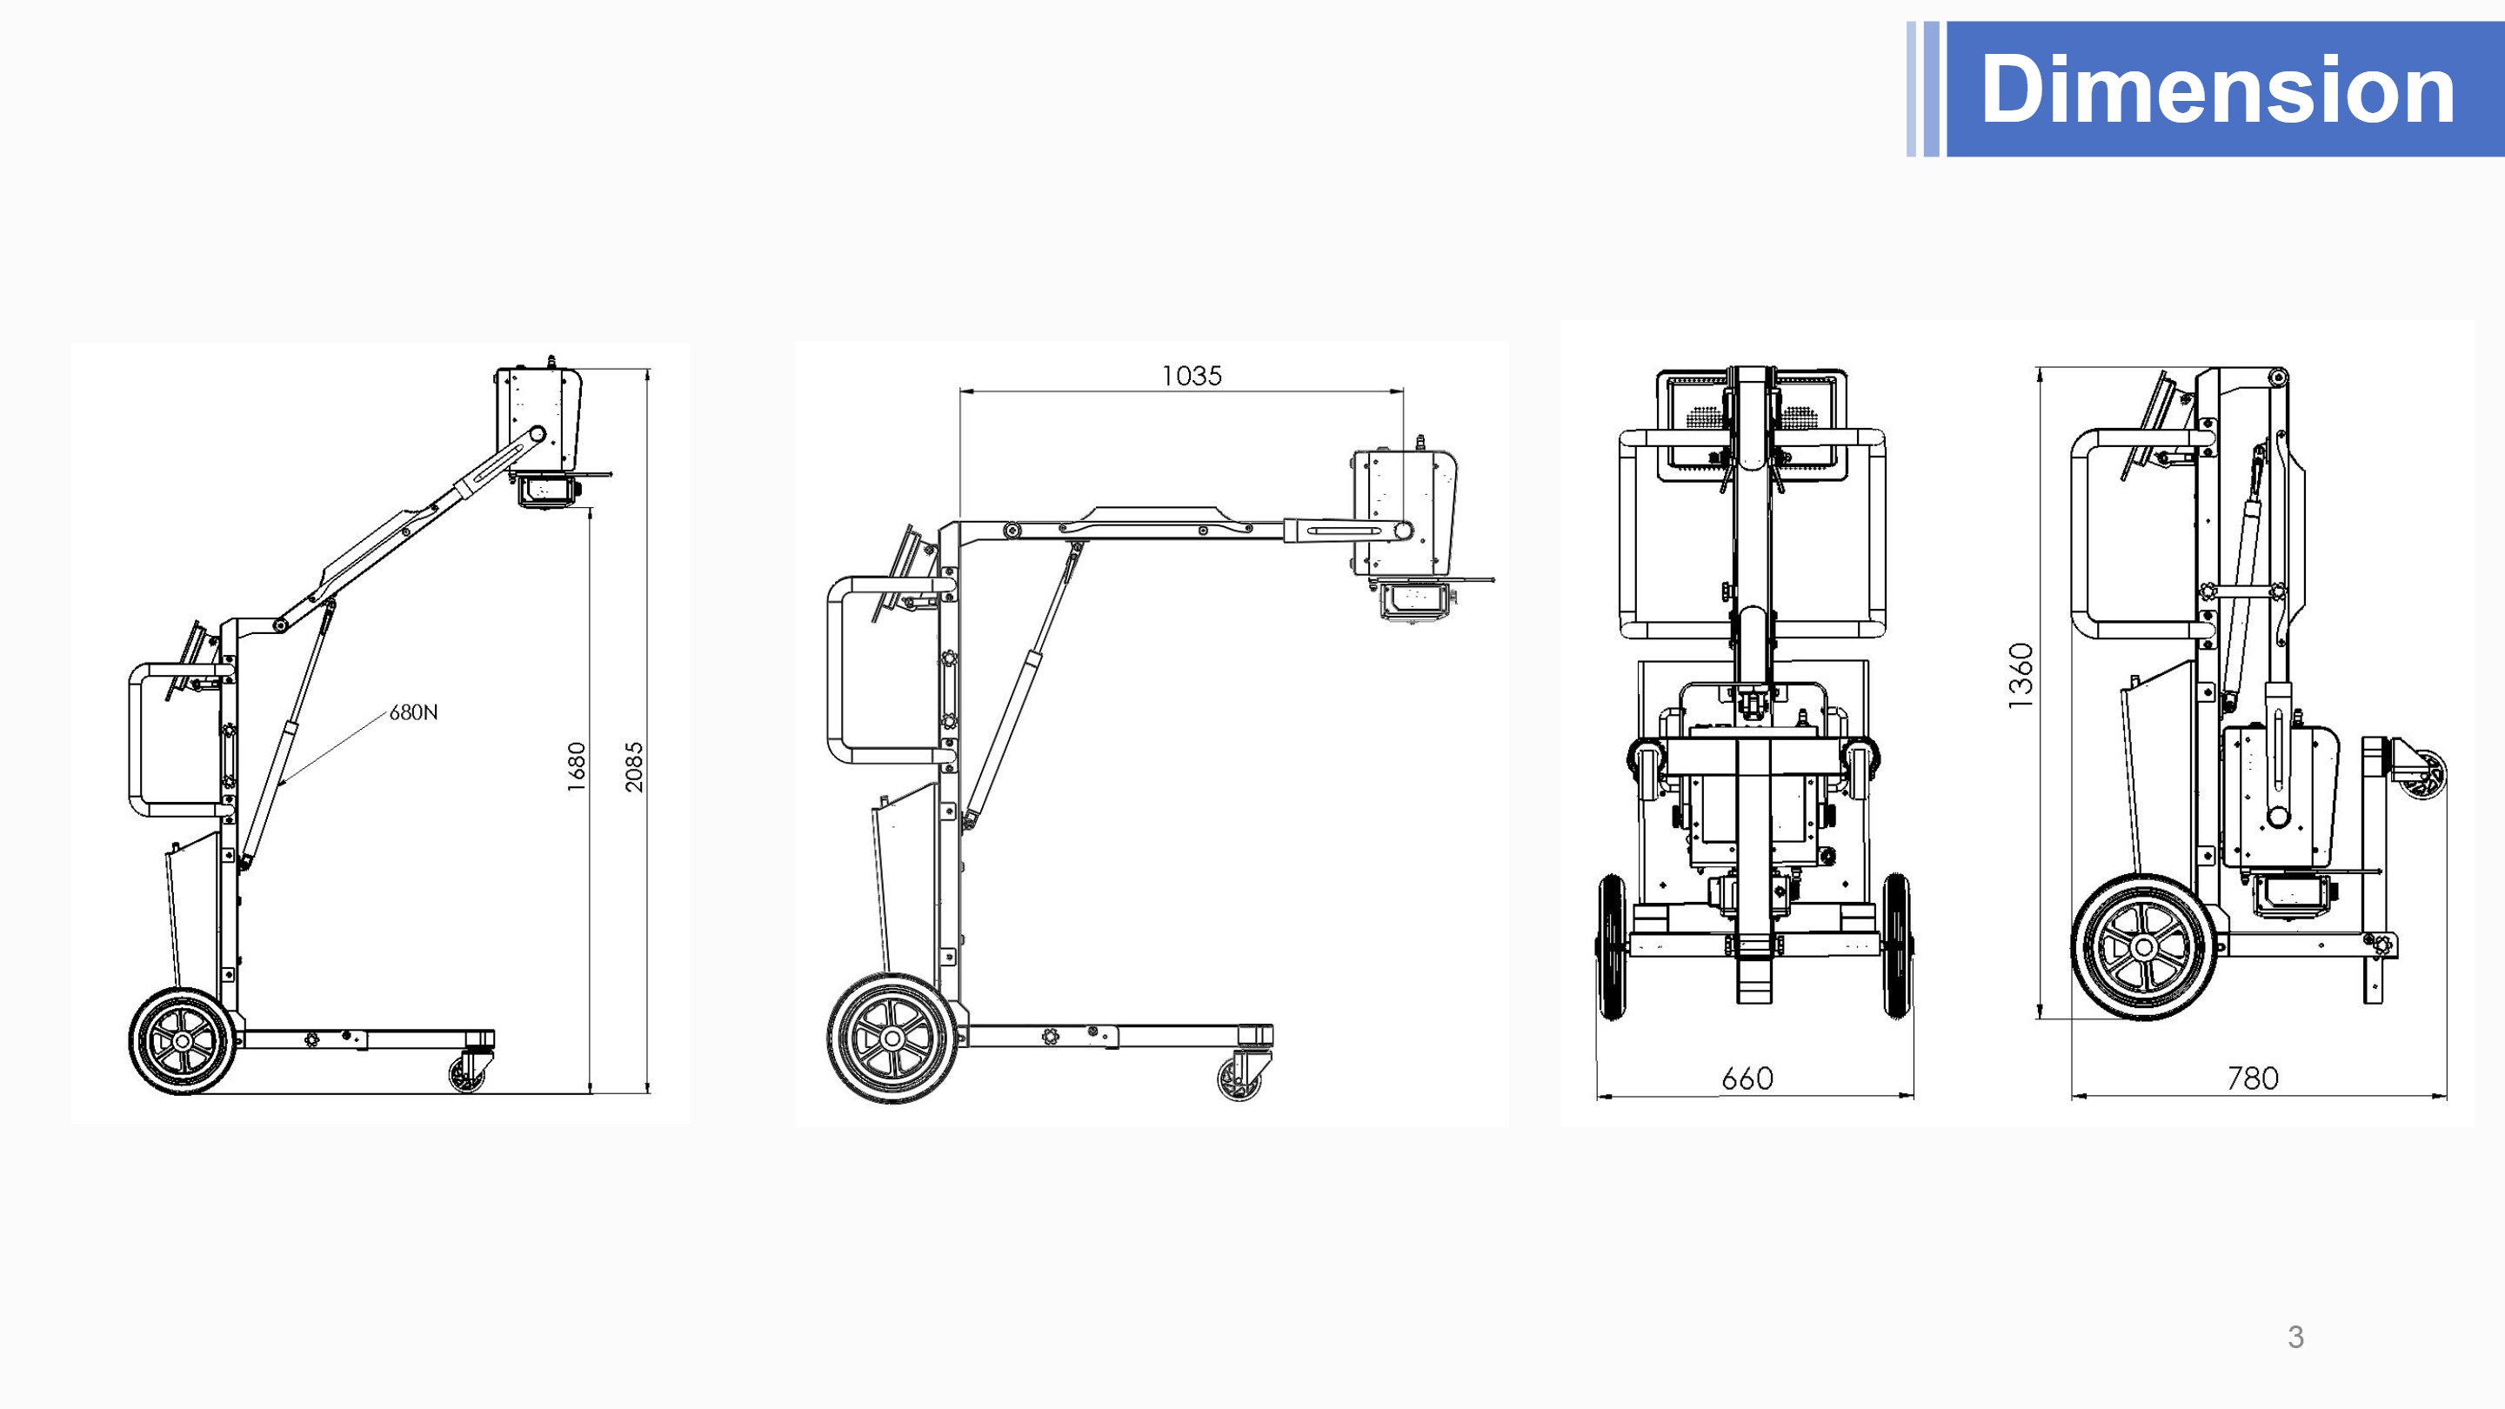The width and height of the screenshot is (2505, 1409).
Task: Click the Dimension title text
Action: (2217, 89)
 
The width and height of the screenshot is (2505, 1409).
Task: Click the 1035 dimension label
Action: (1192, 376)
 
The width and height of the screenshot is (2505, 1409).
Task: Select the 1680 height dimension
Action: (577, 766)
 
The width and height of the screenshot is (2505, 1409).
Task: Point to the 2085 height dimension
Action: (634, 766)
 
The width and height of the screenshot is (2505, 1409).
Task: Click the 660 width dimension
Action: (1747, 1078)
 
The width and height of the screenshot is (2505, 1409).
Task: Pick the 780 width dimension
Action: (2252, 1078)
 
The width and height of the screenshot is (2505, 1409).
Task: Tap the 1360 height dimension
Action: (2021, 675)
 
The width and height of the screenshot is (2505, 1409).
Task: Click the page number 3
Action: (2296, 1337)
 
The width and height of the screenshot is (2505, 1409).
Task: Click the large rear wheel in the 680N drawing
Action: (183, 1040)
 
